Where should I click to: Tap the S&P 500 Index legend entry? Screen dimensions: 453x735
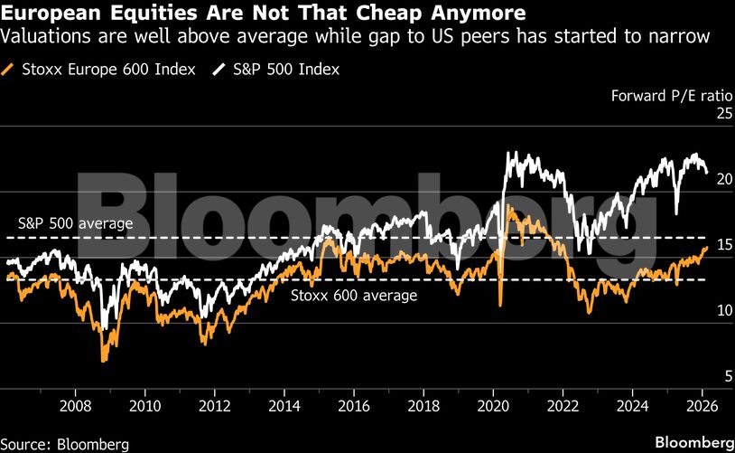click(x=287, y=69)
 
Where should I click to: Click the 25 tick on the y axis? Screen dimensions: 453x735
click(x=697, y=114)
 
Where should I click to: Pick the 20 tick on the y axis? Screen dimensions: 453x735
click(x=697, y=179)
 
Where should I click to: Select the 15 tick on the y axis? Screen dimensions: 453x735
click(x=697, y=245)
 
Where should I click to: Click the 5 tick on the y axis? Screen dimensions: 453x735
click(x=701, y=376)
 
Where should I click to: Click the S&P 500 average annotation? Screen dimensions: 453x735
click(x=76, y=222)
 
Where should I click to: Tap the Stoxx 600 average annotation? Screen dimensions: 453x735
click(x=353, y=295)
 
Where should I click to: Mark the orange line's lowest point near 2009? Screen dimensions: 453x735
click(x=105, y=361)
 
